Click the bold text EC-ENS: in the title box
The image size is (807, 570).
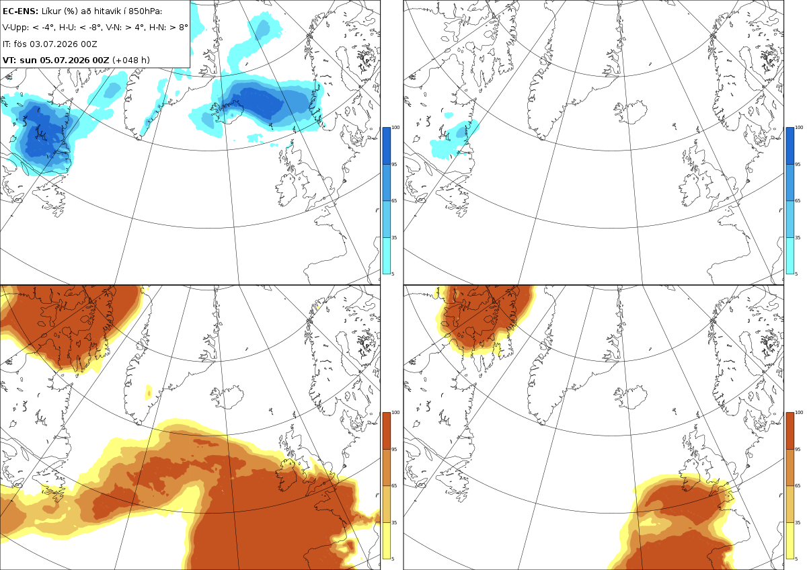tap(20, 11)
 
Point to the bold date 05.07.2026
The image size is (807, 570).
tap(64, 60)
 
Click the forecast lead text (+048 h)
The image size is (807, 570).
tap(131, 60)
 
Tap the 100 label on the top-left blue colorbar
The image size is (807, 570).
tap(395, 128)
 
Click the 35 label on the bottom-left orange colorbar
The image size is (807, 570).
tap(394, 522)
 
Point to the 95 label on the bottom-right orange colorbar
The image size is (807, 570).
tap(798, 450)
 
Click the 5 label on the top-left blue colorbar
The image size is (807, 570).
tap(393, 274)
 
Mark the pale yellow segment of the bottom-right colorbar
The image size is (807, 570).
tap(790, 540)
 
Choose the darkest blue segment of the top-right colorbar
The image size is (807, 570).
tap(790, 146)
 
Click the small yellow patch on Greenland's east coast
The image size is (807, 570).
tap(148, 392)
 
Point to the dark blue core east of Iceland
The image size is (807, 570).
tap(257, 104)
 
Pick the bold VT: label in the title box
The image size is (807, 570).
tap(9, 60)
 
